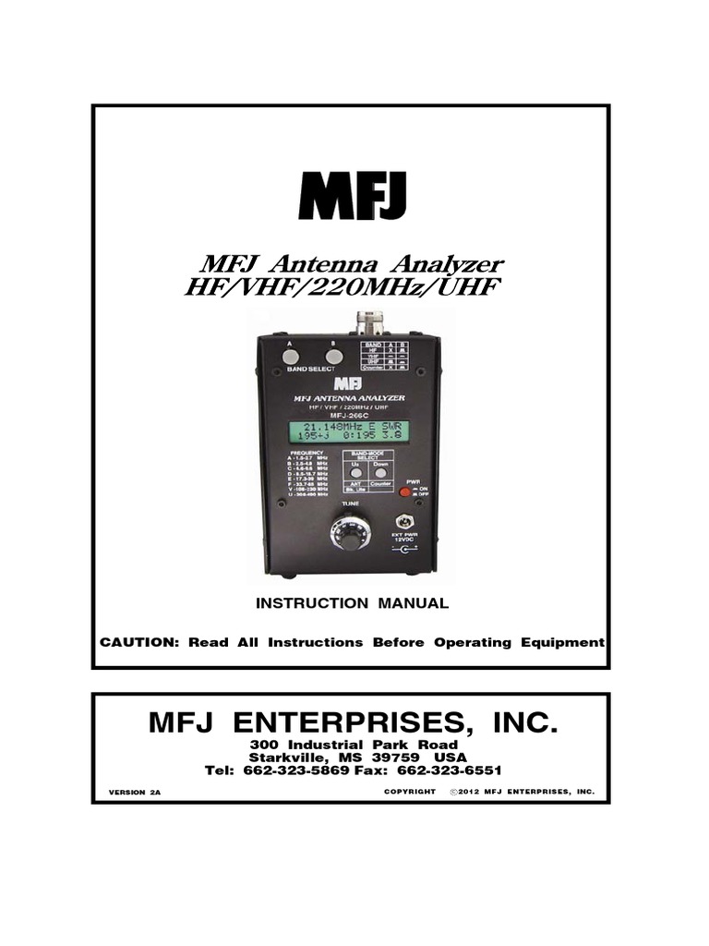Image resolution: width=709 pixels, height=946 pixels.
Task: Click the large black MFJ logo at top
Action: coord(353,196)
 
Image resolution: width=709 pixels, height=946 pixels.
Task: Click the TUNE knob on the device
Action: coord(351,534)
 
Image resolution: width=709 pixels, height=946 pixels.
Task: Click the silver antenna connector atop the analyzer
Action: coord(370,323)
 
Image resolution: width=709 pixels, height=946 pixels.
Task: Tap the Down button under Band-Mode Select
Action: coord(379,471)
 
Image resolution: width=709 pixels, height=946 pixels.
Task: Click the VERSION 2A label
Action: coord(135,793)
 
